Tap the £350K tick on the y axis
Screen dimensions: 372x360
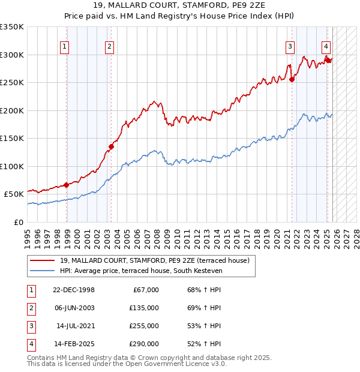click(12, 27)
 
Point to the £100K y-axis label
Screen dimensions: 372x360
click(12, 166)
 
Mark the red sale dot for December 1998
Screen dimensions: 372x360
click(66, 185)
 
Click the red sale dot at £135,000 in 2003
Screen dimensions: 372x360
click(111, 146)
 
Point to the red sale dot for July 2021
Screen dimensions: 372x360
click(292, 79)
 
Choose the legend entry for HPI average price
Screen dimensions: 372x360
click(141, 271)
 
